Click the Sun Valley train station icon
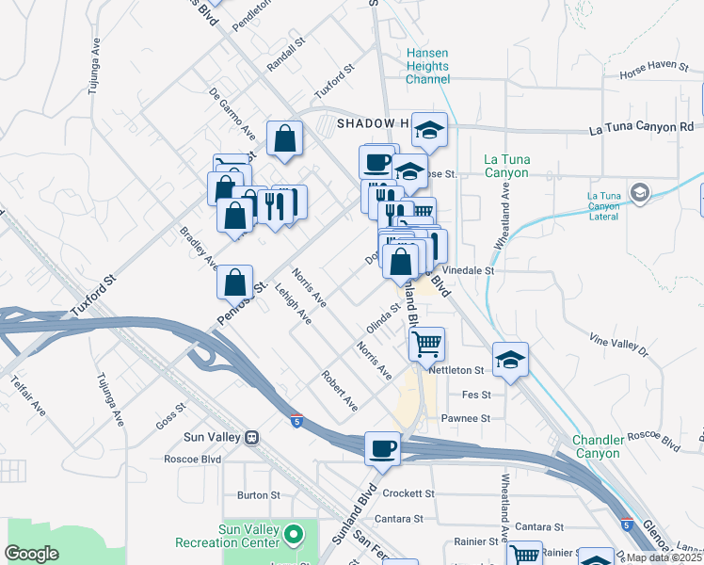click(x=251, y=438)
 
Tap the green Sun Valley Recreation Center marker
click(x=294, y=536)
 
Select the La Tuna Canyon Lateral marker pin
click(x=640, y=194)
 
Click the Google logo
click(x=31, y=554)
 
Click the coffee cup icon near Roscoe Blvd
click(x=382, y=448)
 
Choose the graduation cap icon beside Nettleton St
click(x=510, y=360)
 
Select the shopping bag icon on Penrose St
click(x=234, y=281)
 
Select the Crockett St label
click(x=408, y=493)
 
